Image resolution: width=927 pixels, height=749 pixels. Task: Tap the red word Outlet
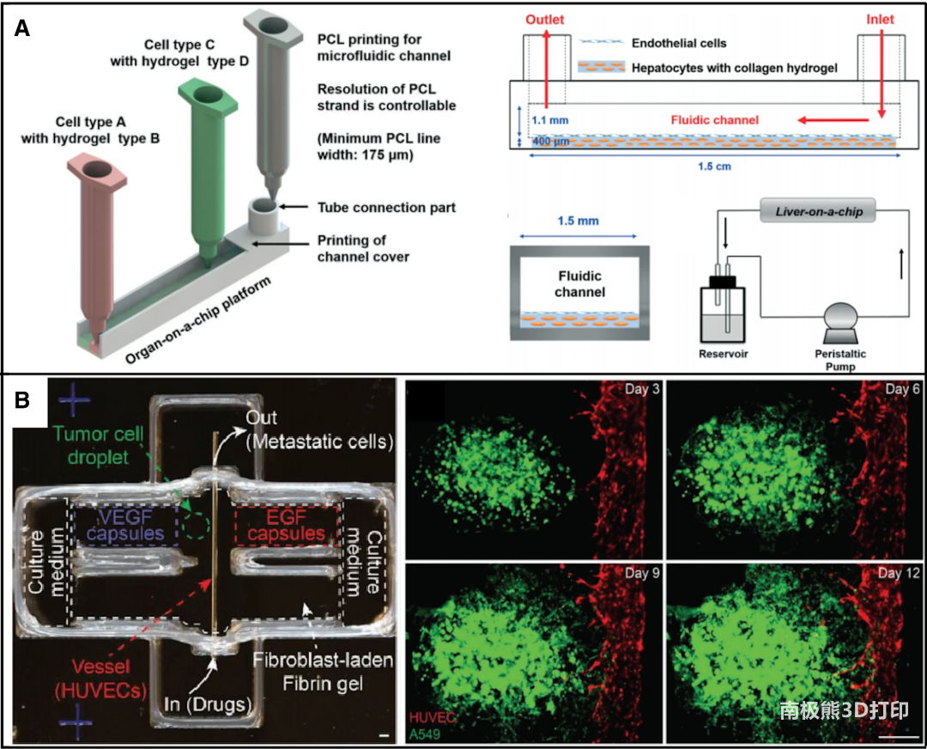coord(546,19)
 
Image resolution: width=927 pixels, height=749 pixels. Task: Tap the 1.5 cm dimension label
coord(716,167)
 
